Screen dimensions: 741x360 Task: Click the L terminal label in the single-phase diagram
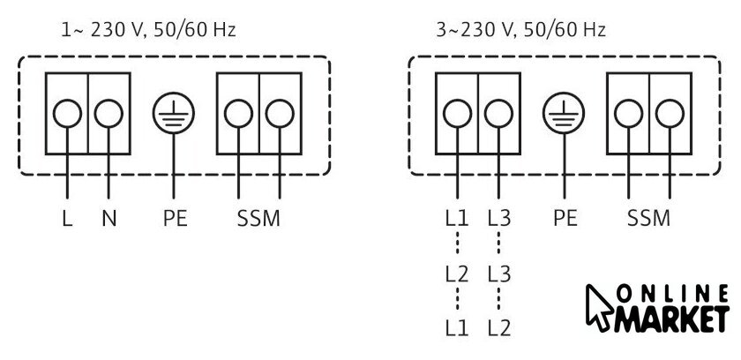pos(67,218)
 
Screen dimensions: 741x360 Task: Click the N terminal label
pos(109,218)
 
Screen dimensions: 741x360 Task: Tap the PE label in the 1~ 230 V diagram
pos(175,218)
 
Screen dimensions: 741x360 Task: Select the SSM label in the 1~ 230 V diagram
pos(258,218)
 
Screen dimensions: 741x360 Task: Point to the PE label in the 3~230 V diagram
pos(565,218)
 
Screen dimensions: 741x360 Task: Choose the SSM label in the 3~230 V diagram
pos(649,218)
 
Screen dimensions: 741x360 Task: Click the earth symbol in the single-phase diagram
pos(174,114)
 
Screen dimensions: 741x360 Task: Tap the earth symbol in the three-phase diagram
pos(564,114)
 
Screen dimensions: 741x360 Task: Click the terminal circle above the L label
pos(67,114)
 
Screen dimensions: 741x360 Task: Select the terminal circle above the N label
pos(109,114)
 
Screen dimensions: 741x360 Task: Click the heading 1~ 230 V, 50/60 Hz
pos(148,30)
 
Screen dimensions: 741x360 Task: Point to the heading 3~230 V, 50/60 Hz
pos(520,30)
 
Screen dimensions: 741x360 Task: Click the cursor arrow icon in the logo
pos(599,307)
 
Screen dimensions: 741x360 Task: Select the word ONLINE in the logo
pos(672,294)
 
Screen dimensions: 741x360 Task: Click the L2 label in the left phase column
pos(457,274)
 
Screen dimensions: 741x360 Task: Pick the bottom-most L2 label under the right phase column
pos(499,328)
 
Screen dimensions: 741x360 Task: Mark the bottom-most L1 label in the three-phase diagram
pos(457,328)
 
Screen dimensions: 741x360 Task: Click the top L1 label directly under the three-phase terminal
pos(457,218)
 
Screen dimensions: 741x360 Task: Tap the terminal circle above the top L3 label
pos(498,114)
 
